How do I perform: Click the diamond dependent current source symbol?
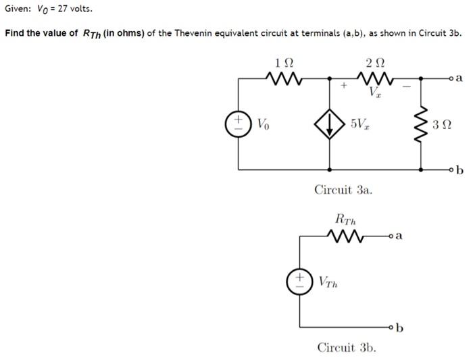[329, 125]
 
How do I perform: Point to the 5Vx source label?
[360, 125]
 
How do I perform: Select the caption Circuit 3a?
[343, 190]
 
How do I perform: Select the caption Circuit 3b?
[346, 347]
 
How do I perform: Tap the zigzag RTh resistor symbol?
[346, 236]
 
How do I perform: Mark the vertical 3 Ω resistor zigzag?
[423, 125]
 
